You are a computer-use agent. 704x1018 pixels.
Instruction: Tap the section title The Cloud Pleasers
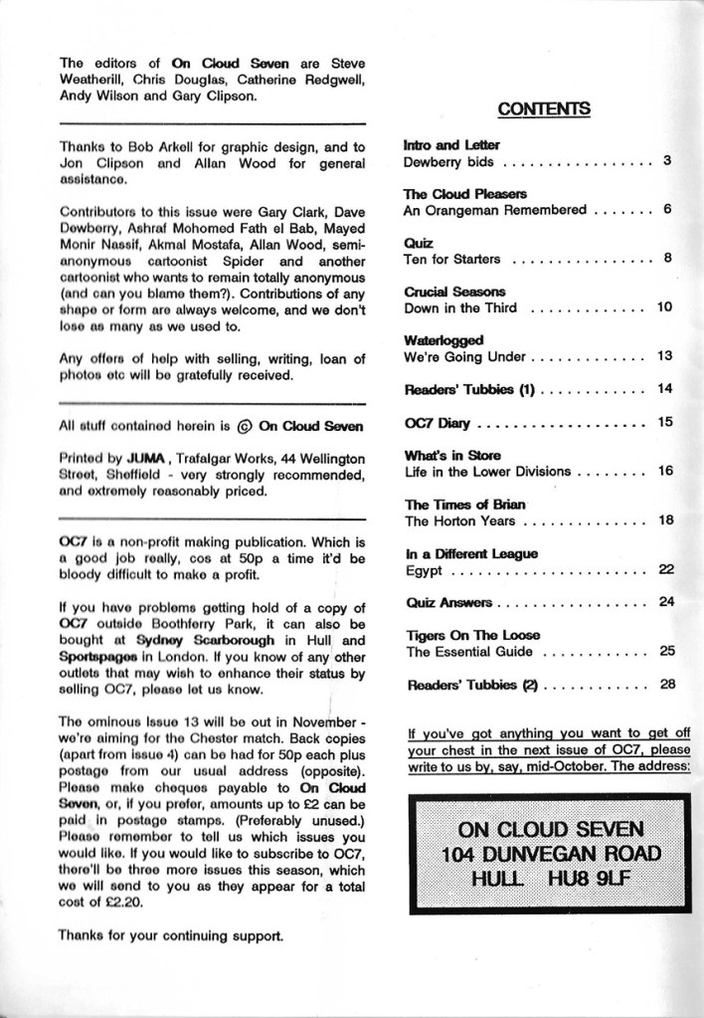pyautogui.click(x=450, y=193)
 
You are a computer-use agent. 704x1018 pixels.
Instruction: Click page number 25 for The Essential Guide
pyautogui.click(x=666, y=652)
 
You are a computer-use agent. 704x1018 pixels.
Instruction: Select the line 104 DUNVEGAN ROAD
pyautogui.click(x=554, y=853)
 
